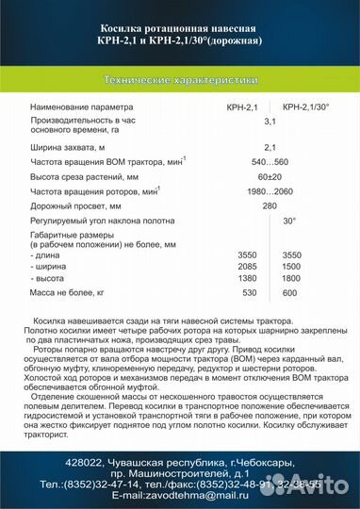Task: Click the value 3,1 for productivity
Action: pyautogui.click(x=270, y=122)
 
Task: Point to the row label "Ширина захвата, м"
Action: pyautogui.click(x=73, y=147)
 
